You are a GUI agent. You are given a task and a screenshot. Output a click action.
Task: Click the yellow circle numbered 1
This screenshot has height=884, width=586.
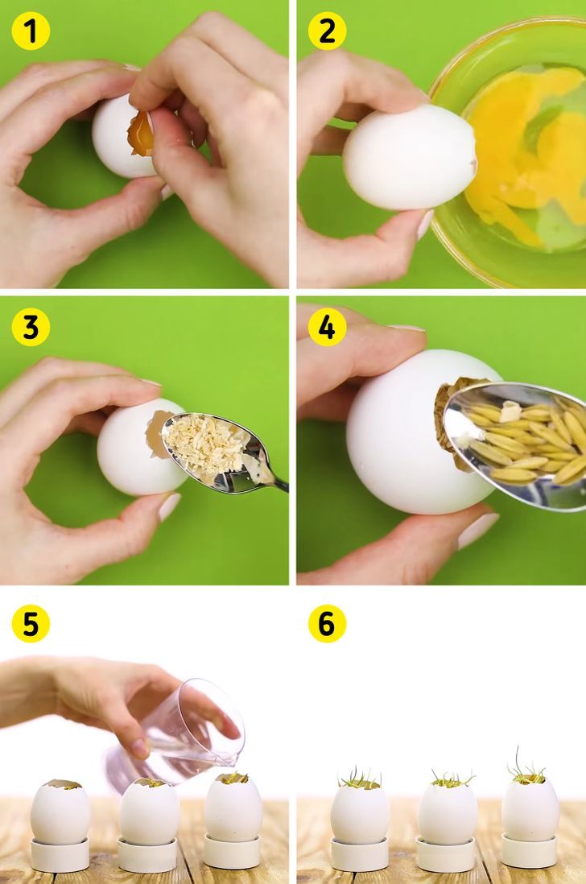click(x=31, y=31)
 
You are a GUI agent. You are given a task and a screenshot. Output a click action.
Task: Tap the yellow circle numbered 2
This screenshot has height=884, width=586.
click(x=327, y=31)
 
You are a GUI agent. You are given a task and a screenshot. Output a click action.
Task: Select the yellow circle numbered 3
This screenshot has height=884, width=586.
click(x=31, y=327)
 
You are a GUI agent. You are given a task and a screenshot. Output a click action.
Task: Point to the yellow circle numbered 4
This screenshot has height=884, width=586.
click(x=327, y=327)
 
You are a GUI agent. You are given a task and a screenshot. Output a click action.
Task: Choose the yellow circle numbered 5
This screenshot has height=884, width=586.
click(x=31, y=623)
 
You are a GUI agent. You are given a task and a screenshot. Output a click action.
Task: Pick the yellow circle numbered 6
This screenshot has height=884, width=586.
click(x=327, y=623)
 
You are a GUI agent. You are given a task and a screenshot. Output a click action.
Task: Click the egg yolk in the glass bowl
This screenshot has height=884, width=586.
click(x=524, y=152)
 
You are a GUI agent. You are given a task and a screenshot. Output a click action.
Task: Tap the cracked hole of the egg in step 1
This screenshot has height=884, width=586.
click(x=141, y=133)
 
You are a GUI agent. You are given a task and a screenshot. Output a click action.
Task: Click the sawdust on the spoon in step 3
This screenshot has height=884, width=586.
click(x=206, y=444)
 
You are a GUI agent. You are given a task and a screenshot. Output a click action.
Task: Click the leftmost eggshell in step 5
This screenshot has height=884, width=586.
click(x=60, y=812)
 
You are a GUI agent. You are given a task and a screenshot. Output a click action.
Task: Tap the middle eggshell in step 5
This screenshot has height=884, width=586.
click(x=150, y=812)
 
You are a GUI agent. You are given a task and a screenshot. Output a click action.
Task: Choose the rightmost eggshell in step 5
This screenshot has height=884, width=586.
click(x=233, y=808)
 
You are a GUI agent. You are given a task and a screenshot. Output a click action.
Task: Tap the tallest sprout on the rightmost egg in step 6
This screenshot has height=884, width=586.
click(x=518, y=761)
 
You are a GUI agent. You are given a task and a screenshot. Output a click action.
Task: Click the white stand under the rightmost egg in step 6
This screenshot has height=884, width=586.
click(x=529, y=852)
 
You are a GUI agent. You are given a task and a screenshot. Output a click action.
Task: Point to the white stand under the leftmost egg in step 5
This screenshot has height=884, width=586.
click(x=60, y=855)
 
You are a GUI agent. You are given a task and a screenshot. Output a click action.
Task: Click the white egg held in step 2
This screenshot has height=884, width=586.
click(x=410, y=157)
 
